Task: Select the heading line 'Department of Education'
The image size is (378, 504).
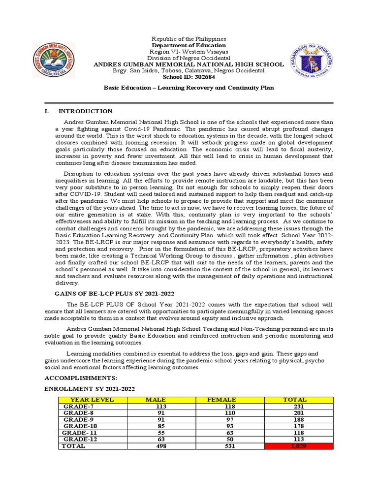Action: pos(189,45)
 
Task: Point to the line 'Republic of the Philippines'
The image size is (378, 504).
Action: pos(189,38)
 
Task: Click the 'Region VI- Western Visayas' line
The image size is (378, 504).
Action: pos(189,52)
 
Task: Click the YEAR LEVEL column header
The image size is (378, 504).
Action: pos(92,400)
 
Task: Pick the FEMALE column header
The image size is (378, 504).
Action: pos(221,400)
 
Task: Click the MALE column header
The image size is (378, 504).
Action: pos(156,400)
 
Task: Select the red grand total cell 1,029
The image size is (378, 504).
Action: pos(298,446)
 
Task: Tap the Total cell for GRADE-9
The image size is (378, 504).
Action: pos(298,420)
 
